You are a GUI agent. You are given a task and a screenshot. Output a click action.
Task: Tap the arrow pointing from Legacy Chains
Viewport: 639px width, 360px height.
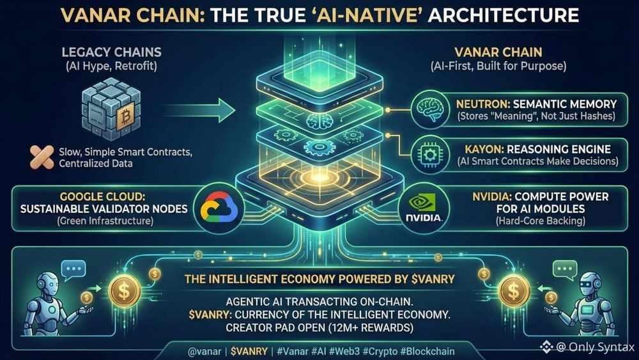click(206, 110)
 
